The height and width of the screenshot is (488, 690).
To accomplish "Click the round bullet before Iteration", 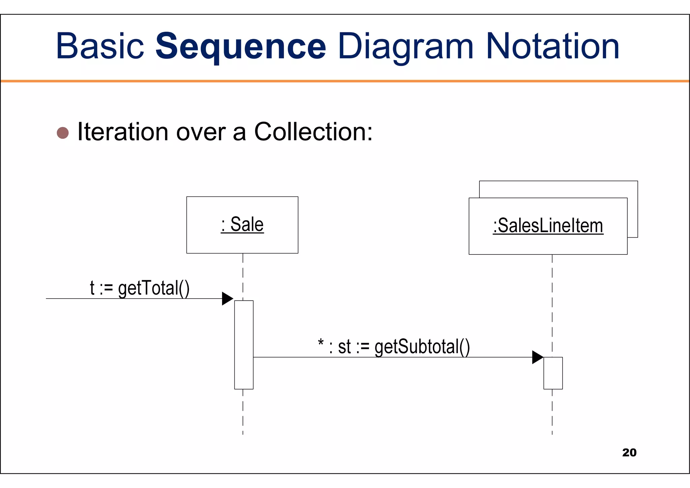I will click(63, 133).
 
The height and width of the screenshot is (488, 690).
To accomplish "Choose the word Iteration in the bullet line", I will click(123, 132).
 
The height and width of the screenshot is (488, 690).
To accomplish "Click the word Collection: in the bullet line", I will click(313, 132).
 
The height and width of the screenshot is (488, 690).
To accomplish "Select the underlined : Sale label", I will click(242, 224).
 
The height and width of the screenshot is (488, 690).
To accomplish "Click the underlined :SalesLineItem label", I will click(548, 226).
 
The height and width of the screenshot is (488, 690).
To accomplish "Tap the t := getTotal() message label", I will click(139, 288).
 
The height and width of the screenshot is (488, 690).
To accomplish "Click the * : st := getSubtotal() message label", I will click(394, 347).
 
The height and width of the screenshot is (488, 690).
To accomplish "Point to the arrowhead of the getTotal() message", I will click(227, 299).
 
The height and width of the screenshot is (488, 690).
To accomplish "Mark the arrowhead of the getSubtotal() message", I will click(537, 357).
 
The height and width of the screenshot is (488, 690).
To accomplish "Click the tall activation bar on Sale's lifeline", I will click(244, 344).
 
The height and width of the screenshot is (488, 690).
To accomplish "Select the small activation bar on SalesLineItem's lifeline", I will click(553, 373).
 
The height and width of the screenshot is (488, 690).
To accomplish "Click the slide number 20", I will click(629, 452).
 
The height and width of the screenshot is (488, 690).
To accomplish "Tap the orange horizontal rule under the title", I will click(345, 81).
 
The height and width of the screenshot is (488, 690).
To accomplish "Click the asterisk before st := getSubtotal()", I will click(321, 344).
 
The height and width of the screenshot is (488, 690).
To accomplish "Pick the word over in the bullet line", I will click(201, 132).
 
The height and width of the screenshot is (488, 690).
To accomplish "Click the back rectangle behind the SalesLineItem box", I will click(559, 189).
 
